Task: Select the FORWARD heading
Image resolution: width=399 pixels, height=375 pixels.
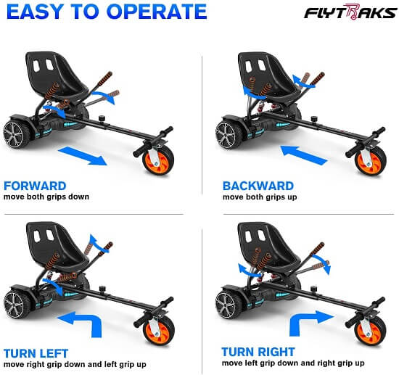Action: click(34, 186)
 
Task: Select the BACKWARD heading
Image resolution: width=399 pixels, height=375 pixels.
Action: click(258, 186)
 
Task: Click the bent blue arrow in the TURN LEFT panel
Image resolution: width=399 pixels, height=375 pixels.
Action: click(84, 321)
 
